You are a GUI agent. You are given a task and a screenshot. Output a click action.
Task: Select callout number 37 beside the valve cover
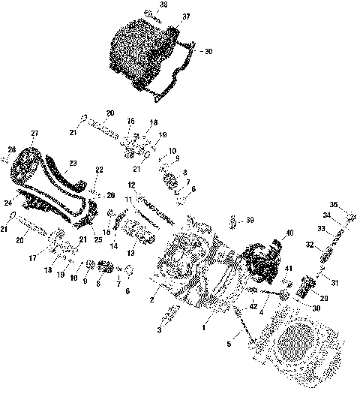pos(186,16)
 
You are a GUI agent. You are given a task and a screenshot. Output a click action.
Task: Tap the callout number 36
pos(209,51)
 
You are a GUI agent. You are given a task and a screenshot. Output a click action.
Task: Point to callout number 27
pos(34,134)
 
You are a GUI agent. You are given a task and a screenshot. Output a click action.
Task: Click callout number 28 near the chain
pos(12,149)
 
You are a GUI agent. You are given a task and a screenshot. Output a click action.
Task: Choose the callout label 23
pos(73,163)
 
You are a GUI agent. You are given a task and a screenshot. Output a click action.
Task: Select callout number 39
pos(250,220)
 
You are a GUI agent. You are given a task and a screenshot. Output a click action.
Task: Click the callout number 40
pos(289,233)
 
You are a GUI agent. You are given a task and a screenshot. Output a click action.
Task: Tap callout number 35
pos(334,204)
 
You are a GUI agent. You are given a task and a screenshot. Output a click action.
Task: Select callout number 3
pos(158,329)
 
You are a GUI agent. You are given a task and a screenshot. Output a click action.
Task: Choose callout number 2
pos(152,300)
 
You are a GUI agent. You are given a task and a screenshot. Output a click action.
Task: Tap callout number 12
pos(130,185)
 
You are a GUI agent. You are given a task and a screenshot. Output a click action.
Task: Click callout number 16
pos(130,121)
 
